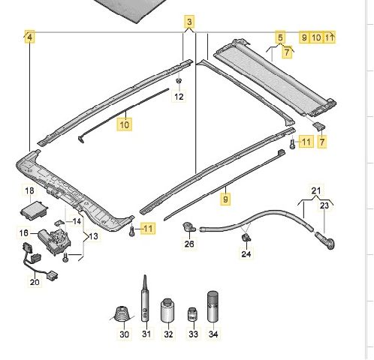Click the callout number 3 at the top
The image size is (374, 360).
pos(189,22)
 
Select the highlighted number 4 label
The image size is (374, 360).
pos(29,37)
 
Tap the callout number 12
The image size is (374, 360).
pos(179,97)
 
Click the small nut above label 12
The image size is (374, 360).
pos(179,81)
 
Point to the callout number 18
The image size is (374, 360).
pos(29,191)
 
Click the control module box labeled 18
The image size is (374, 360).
pos(34,211)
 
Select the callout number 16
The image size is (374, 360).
pos(24,233)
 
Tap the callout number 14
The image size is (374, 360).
pos(77,221)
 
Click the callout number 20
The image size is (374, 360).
pos(35,282)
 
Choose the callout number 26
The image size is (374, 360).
pos(189,244)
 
